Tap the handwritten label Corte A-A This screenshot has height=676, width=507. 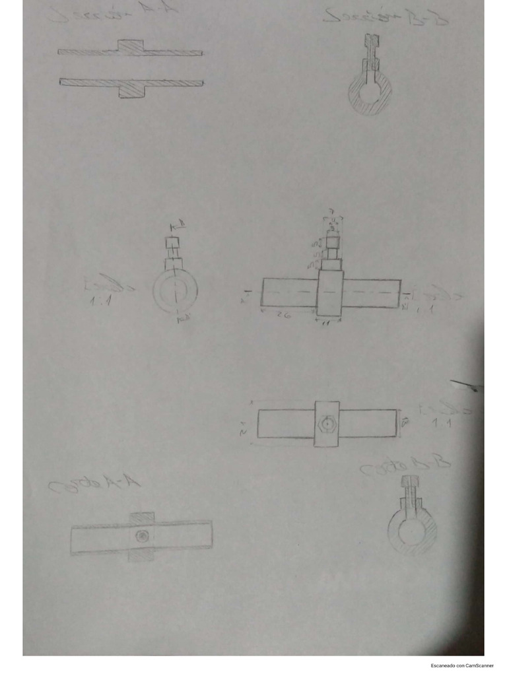click(94, 487)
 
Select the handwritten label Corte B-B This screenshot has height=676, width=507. click(405, 467)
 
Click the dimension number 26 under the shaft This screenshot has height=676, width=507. click(283, 316)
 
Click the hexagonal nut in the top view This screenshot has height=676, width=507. click(326, 423)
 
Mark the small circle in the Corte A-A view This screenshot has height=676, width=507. click(141, 536)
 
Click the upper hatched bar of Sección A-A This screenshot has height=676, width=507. click(130, 51)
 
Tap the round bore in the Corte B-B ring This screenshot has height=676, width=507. click(412, 531)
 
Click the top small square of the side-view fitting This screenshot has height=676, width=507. click(174, 242)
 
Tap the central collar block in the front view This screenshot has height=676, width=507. click(330, 293)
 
